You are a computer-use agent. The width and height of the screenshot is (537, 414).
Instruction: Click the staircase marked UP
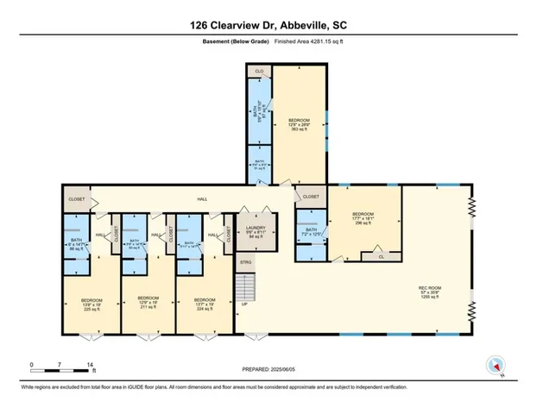click(248, 285)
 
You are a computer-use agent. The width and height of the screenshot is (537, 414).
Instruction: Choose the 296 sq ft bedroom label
click(363, 219)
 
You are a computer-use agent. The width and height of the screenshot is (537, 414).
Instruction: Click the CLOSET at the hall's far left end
click(75, 199)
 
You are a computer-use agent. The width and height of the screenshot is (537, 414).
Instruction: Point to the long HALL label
click(202, 199)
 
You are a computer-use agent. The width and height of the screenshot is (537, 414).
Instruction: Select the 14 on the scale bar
click(89, 366)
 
